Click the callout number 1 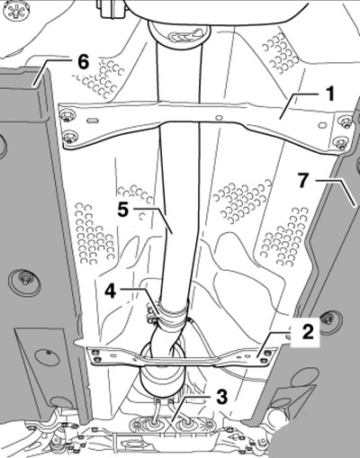coord(330,94)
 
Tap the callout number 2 coord(308,332)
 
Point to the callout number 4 coord(111,291)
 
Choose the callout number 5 coord(122,209)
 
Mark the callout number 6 coord(83,63)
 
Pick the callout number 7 coord(303,181)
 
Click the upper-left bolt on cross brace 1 coord(67,115)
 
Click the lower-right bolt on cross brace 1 coord(340,142)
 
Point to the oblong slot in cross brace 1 coord(92,121)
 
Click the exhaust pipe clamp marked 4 coord(171,317)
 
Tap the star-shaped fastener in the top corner coord(15,12)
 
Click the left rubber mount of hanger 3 coord(153,424)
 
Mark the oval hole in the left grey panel coord(48,355)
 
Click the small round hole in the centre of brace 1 coord(219,117)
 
